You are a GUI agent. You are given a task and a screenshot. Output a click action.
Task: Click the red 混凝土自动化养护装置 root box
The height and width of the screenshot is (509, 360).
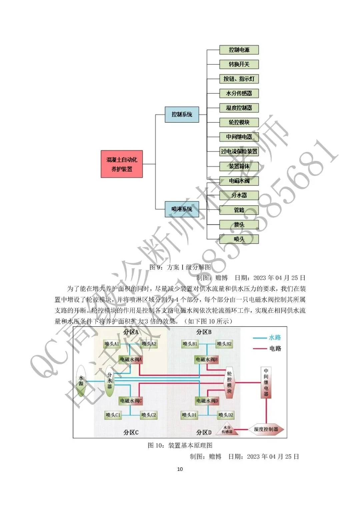[122, 164]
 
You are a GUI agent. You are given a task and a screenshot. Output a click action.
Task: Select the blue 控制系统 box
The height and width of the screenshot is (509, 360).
[182, 114]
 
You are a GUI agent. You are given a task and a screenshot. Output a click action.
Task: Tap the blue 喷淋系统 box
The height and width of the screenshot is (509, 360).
[182, 209]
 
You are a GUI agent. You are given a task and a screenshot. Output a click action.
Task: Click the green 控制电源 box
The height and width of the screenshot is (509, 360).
[239, 50]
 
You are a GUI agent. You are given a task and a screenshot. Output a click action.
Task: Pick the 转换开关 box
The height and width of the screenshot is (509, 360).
[239, 64]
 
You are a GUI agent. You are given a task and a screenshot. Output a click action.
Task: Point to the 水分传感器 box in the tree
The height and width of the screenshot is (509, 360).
[239, 93]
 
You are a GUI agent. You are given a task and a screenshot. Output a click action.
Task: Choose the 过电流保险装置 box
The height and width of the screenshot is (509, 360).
[239, 151]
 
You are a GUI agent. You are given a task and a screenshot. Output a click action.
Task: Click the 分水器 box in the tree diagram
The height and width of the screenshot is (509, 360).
[239, 195]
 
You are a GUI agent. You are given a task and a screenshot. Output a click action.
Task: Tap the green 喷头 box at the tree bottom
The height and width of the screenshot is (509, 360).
[239, 239]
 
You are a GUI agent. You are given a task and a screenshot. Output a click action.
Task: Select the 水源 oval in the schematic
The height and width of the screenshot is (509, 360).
[81, 381]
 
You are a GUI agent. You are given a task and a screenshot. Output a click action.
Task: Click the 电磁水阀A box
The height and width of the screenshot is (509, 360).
[131, 359]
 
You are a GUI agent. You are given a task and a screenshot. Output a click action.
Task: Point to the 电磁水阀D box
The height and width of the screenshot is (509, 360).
[207, 400]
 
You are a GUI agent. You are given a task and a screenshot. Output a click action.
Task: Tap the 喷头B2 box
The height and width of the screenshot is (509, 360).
[224, 344]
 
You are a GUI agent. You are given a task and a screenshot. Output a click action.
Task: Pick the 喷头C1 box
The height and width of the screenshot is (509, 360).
[113, 415]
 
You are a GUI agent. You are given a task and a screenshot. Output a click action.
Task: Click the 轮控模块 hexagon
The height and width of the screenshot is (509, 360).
[229, 382]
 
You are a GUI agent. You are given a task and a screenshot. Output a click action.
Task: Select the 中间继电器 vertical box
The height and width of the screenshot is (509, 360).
[266, 382]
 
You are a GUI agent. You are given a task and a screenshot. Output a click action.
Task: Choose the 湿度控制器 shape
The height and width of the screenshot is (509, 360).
[266, 429]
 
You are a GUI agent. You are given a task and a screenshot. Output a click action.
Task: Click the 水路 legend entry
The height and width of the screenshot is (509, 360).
[267, 338]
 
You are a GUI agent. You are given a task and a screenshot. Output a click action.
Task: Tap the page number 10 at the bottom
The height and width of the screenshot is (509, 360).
[180, 469]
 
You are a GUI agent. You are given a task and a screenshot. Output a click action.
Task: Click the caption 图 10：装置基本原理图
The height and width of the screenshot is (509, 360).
[180, 445]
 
